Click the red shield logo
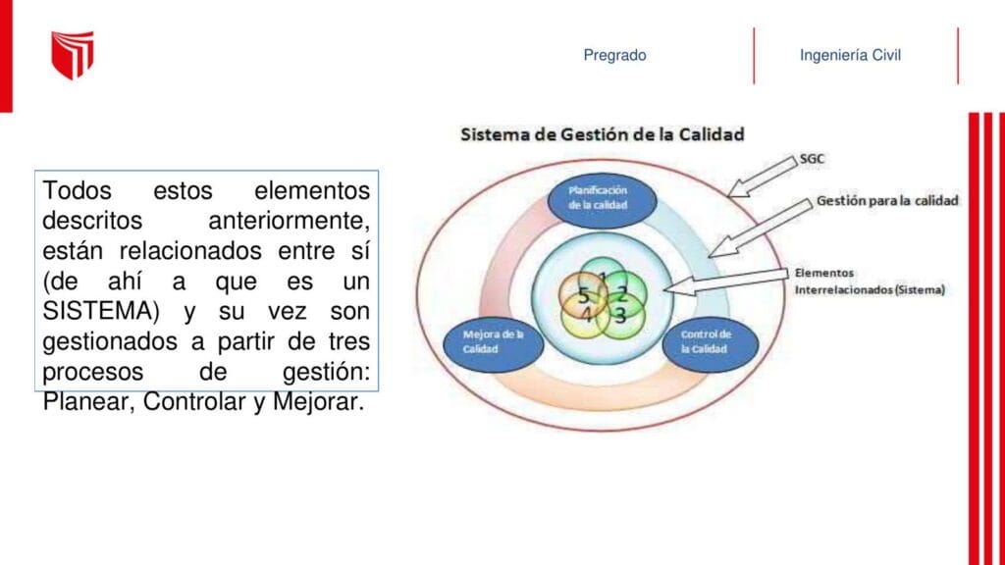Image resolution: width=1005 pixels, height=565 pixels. pos(73,55)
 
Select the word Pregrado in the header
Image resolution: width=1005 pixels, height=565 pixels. pos(614,55)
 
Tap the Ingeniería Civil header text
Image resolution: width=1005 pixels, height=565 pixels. pos(850,55)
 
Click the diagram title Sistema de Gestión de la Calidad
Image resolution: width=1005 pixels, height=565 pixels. pos(603,134)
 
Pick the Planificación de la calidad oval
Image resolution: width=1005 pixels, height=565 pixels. pos(602,200)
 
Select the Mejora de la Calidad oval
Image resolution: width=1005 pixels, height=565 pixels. pos(494,344)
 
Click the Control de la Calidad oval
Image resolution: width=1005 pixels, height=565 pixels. pos(711,344)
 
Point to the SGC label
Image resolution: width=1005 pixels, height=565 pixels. pos(812,159)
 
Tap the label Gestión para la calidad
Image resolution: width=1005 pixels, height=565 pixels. pos(887,200)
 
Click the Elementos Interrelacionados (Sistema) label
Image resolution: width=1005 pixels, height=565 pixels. pos(870,282)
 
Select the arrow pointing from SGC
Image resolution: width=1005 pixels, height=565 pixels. pos(762,177)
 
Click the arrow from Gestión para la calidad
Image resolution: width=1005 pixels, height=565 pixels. pos(761,228)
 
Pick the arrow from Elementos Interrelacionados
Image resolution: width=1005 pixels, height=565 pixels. pos(726,282)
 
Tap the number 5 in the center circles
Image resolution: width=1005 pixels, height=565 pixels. pos(583,295)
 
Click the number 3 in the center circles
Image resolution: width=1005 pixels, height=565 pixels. pos(620,315)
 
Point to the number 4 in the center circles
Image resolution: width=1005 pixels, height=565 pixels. pos(587,315)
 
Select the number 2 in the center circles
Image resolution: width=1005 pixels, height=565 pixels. pos(621,294)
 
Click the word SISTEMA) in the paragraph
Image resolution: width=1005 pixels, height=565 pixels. pos(101,311)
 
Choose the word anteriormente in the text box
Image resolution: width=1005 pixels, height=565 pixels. pos(290,221)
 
